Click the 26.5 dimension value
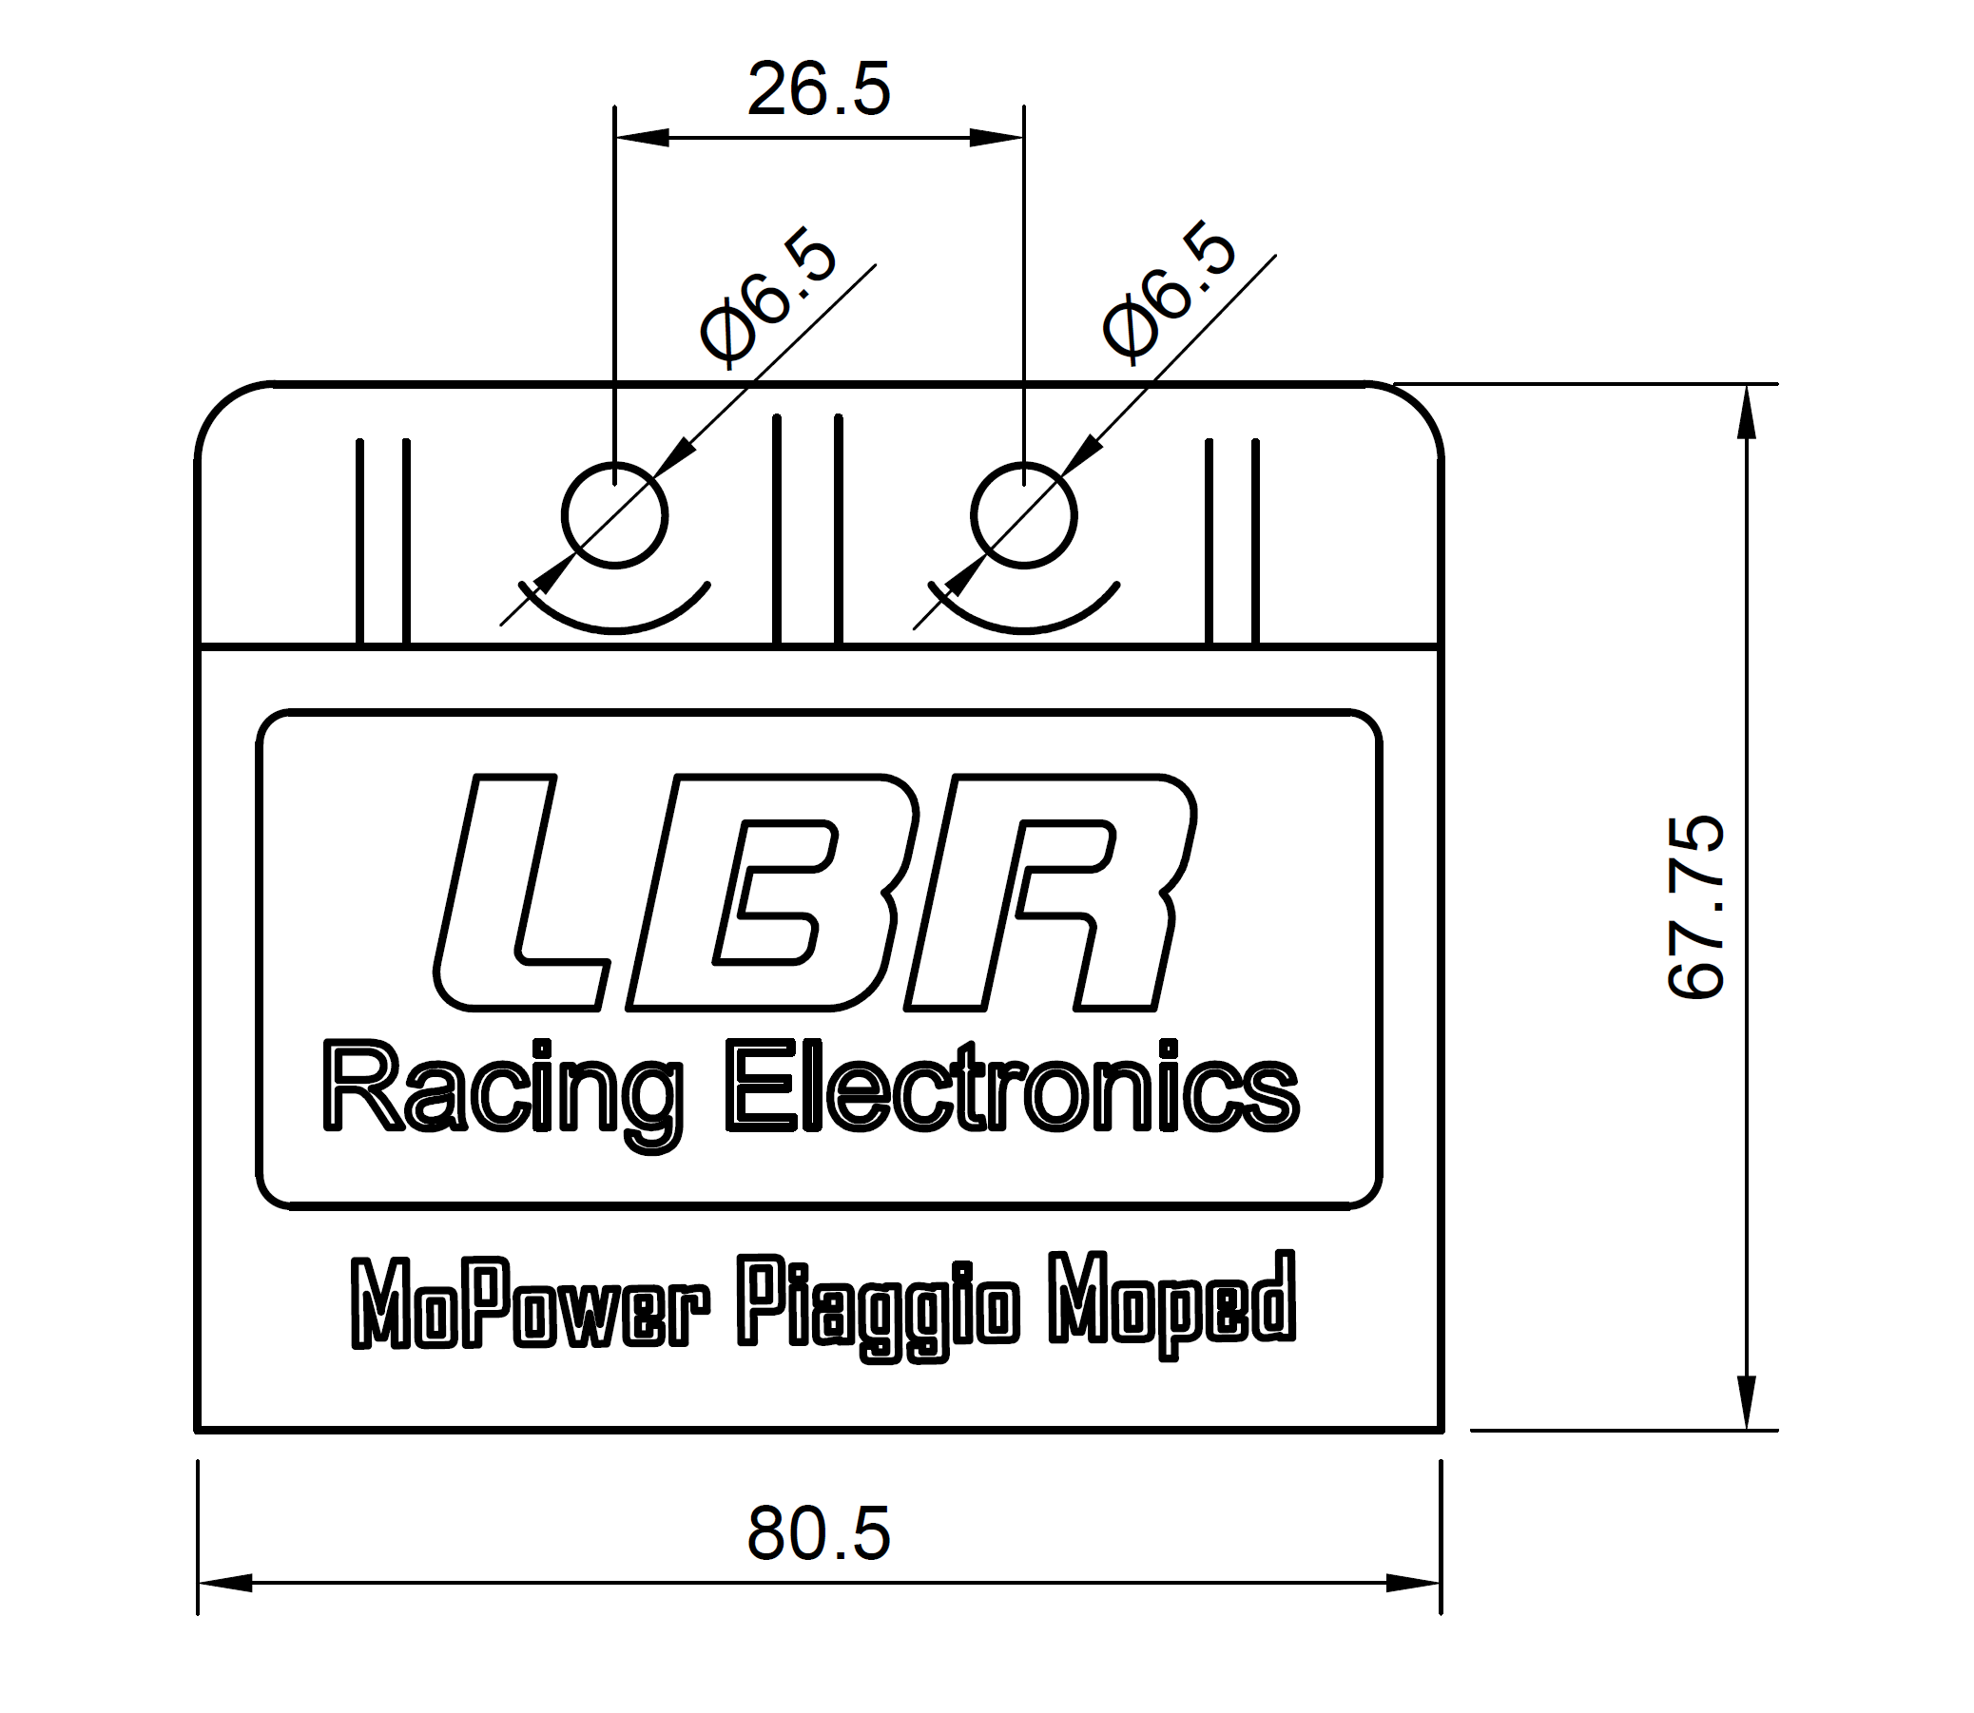(819, 89)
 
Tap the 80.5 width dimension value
(819, 1533)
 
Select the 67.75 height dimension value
(1695, 907)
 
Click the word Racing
(503, 1094)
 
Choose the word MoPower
(532, 1306)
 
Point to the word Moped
(1172, 1304)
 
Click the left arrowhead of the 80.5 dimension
(225, 1583)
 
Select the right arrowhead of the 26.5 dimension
(997, 138)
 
